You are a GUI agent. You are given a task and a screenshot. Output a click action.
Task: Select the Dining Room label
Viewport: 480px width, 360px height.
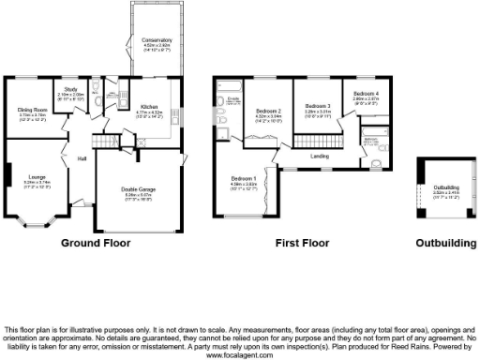[32, 111]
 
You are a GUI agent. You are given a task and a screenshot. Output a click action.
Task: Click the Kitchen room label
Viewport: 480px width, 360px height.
[150, 107]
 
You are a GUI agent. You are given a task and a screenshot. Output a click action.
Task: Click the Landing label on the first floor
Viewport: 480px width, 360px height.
[319, 156]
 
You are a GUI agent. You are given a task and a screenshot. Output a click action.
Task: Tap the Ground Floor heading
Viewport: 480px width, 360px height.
[96, 244]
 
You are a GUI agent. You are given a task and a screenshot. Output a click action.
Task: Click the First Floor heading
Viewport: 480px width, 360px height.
[302, 244]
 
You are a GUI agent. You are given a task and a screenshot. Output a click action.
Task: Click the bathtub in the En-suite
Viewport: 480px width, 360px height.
[228, 97]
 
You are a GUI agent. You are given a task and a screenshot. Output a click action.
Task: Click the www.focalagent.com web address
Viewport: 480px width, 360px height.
[240, 356]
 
